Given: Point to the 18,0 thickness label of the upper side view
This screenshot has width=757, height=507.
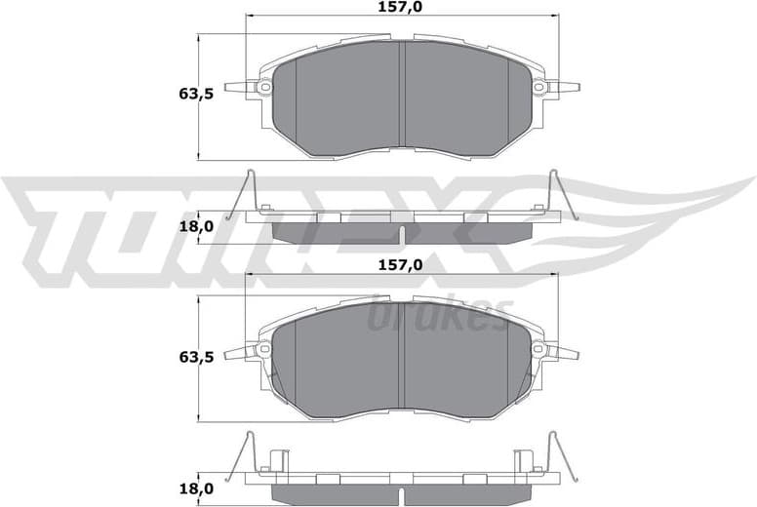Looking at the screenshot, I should [196, 226].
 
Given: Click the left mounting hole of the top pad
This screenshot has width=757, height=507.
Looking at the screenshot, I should [263, 88].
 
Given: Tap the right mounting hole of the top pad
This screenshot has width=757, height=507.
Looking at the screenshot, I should [538, 88].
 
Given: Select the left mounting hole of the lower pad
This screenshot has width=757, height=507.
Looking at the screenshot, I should [263, 350].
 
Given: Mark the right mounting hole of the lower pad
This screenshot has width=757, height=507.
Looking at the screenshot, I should [538, 350].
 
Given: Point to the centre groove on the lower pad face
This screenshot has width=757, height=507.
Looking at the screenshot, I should [402, 356].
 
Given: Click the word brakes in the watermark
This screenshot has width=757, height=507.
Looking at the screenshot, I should [439, 314].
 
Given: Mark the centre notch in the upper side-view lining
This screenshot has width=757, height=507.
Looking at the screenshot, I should [402, 234].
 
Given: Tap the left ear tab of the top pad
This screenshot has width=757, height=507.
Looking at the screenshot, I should [238, 88].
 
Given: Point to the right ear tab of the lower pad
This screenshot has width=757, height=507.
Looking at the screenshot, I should [564, 351].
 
